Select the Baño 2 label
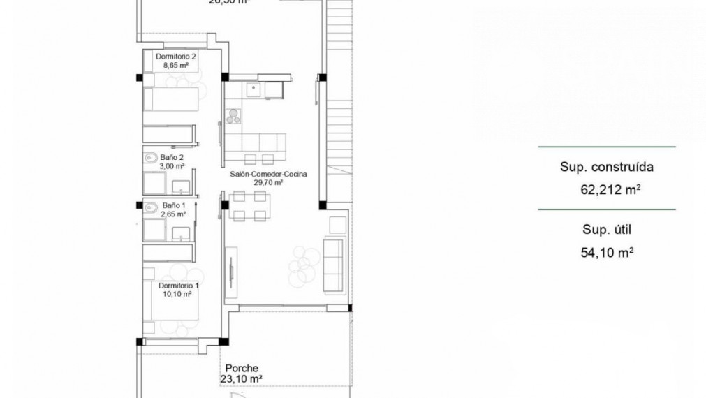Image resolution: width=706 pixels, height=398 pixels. tap(172, 158)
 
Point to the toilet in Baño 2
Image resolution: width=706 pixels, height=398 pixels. tap(150, 159)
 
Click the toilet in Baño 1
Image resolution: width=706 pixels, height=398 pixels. tap(150, 206)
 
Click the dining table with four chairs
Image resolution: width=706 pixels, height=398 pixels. tap(248, 206)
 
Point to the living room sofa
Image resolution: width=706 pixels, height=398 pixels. tap(333, 265)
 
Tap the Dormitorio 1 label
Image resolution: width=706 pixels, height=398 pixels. tap(178, 286)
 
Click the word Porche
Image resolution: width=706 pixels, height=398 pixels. tap(242, 369)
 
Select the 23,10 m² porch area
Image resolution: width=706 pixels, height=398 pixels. tap(242, 379)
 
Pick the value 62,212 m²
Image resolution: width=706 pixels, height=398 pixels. tap(610, 189)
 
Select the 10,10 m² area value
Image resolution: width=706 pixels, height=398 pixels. tap(178, 295)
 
